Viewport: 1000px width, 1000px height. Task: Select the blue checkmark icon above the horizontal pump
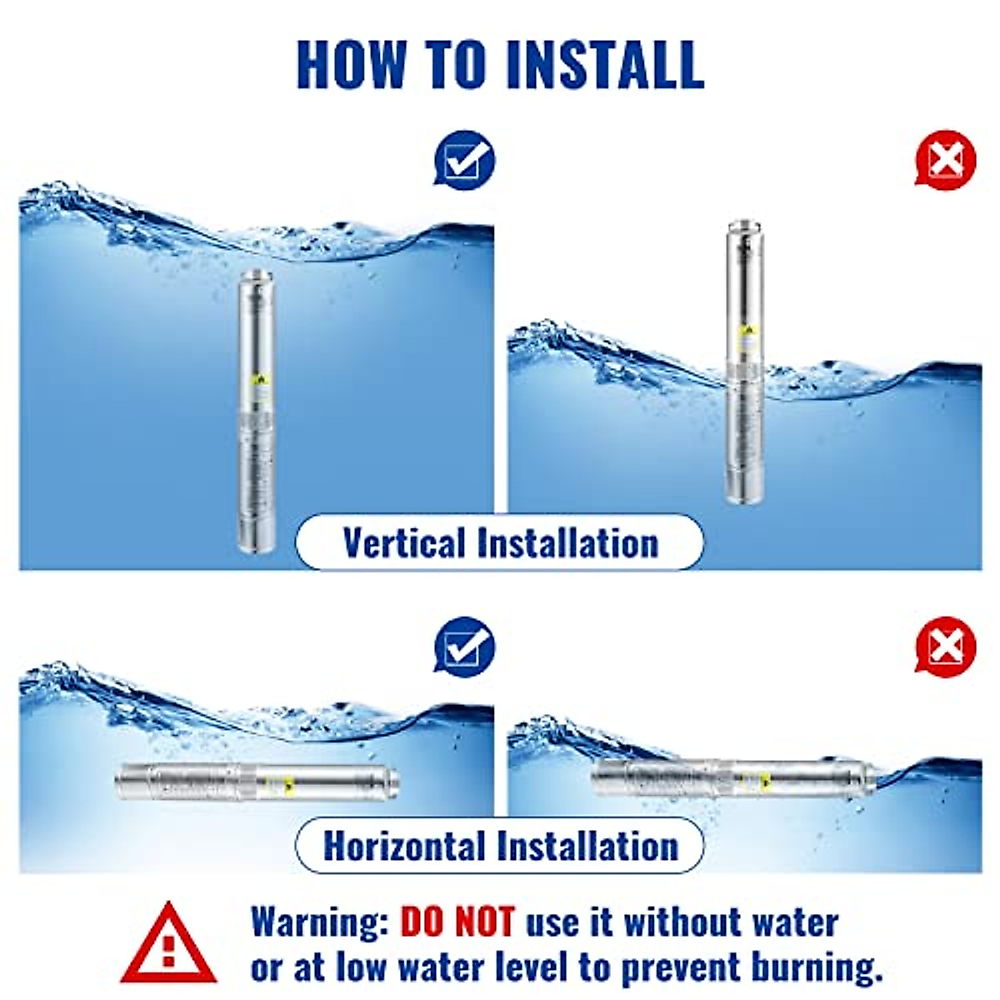pos(464,646)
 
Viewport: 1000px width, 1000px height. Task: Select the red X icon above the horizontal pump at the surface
pos(945,646)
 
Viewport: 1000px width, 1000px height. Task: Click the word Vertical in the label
pos(403,542)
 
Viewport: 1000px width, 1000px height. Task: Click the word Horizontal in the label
pos(404,846)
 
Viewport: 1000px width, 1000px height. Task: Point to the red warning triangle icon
pos(169,943)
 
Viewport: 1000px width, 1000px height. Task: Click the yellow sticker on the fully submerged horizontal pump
pos(289,782)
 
